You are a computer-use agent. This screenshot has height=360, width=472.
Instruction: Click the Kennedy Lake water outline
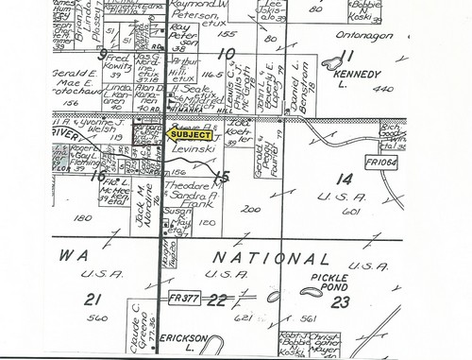click(332, 64)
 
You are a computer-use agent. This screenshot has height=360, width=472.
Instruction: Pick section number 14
click(343, 177)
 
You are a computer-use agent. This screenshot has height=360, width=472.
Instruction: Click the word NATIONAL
click(255, 258)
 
